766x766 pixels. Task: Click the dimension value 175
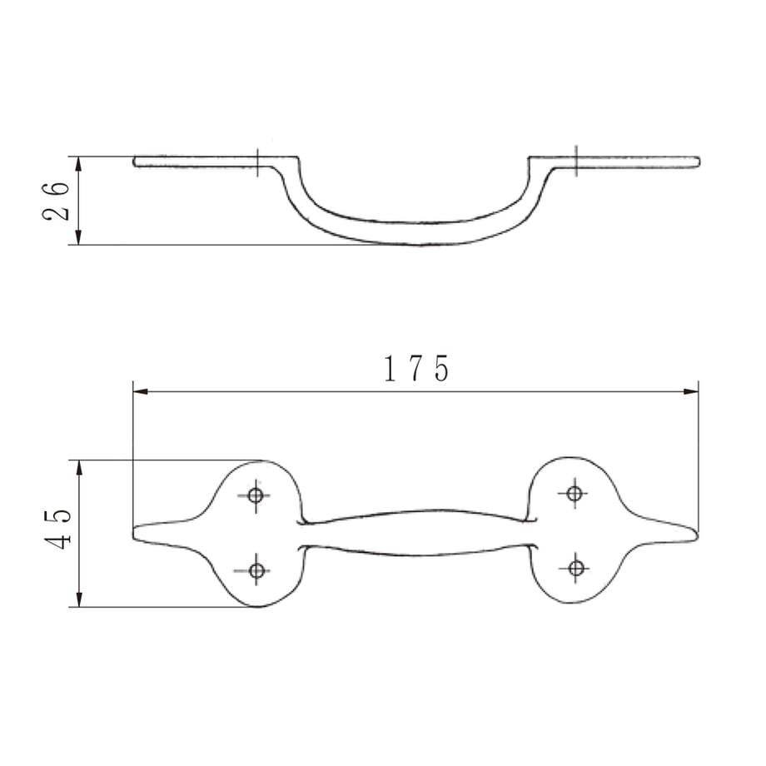tap(416, 368)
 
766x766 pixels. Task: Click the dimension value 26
tap(56, 201)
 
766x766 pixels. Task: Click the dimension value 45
tap(57, 529)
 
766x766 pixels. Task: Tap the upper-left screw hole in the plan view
tap(256, 495)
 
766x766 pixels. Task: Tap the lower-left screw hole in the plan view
tap(257, 570)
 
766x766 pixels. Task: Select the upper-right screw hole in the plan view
tap(574, 494)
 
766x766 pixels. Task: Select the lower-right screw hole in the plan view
tap(576, 568)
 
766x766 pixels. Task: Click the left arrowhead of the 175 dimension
tap(141, 391)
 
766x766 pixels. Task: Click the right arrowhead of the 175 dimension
tap(691, 391)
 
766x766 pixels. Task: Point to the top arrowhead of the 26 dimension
tap(78, 164)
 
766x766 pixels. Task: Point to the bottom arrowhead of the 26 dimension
tap(78, 237)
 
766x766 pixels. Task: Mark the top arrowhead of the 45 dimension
tap(80, 468)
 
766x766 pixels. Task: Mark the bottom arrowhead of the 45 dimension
tap(80, 599)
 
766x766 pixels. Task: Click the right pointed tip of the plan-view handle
tap(697, 535)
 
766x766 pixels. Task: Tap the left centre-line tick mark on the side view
tap(257, 162)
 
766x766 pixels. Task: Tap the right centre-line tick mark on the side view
tap(576, 161)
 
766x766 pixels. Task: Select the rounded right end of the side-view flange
tap(699, 162)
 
